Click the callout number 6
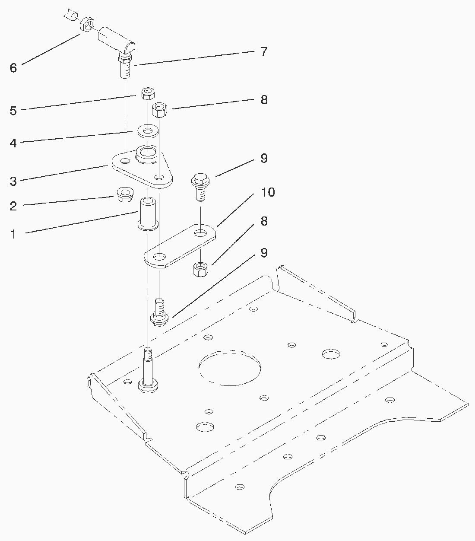[13, 68]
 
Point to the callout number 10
[268, 192]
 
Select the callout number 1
[13, 235]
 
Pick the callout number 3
[13, 181]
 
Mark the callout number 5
[13, 111]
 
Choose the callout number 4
[13, 143]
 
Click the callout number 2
[13, 206]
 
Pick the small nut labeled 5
[149, 93]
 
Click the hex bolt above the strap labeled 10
[199, 186]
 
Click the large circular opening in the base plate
[230, 367]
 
